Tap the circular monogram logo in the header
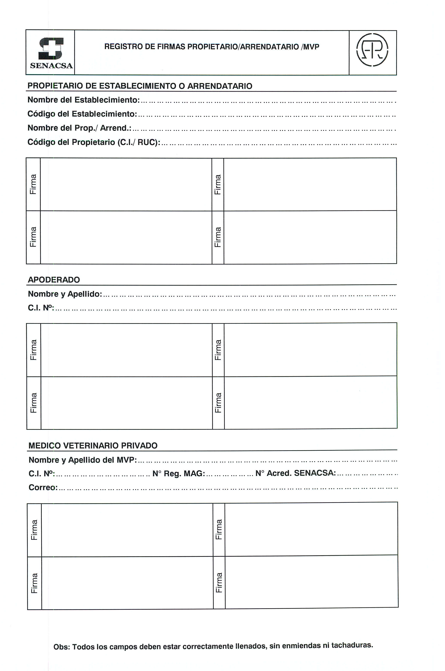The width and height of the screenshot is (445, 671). coord(372,50)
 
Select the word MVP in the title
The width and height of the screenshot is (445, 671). coord(311,47)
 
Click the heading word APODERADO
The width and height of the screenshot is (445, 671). coord(54,280)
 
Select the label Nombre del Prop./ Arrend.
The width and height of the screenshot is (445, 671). coord(79,128)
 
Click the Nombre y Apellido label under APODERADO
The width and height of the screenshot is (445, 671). coord(65,294)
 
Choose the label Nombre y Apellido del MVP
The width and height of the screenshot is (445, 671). coord(83,460)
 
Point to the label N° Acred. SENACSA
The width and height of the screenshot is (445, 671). coord(295,473)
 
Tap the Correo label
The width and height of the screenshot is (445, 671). coord(43,488)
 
